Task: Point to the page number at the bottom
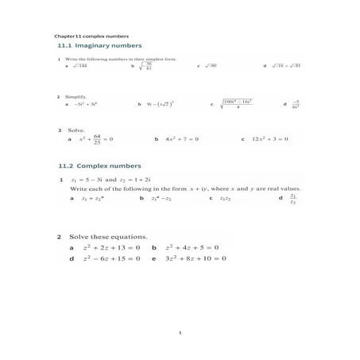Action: [x=180, y=333]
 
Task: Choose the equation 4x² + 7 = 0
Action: [x=180, y=139]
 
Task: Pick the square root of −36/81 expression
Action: [x=148, y=66]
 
